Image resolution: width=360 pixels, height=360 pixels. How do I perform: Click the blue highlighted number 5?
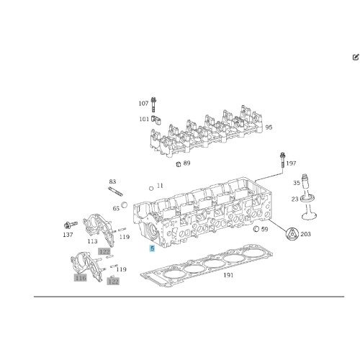[x=152, y=248]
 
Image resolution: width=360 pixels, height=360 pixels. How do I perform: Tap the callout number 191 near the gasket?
[x=228, y=275]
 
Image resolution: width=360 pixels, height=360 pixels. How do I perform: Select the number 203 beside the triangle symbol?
[x=305, y=234]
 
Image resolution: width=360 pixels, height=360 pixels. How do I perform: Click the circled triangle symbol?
[x=292, y=233]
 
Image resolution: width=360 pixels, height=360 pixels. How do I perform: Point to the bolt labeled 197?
[x=283, y=160]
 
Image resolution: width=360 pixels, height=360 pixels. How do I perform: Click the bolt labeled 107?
[x=153, y=104]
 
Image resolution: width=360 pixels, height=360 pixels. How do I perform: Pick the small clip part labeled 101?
[x=156, y=120]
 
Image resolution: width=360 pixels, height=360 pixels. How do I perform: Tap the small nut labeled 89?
[x=179, y=164]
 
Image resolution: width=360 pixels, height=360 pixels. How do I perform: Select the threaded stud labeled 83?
[x=115, y=192]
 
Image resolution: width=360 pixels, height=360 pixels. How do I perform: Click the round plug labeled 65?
[x=125, y=205]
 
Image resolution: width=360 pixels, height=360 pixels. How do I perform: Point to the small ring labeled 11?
[x=151, y=189]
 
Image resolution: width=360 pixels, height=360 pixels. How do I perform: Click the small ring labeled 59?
[x=256, y=229]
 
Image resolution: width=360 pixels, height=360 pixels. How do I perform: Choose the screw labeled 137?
[x=71, y=225]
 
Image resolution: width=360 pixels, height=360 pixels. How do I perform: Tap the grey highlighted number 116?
[x=80, y=278]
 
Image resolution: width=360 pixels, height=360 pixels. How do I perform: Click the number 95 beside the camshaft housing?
[x=269, y=127]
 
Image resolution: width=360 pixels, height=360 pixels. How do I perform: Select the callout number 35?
[x=297, y=183]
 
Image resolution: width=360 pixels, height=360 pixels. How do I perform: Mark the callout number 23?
[x=295, y=199]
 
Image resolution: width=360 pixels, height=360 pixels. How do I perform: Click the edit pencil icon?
[x=356, y=57]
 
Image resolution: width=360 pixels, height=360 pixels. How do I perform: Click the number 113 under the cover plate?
[x=92, y=241]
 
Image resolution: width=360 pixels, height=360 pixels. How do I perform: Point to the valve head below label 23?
[x=310, y=215]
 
